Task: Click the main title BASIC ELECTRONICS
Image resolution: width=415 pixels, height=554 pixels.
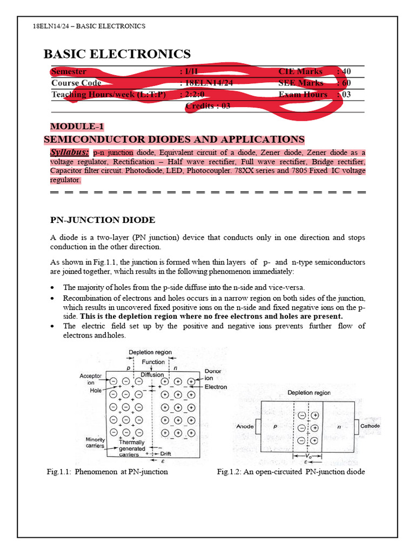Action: click(117, 54)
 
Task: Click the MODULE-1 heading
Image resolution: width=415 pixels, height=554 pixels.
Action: click(76, 127)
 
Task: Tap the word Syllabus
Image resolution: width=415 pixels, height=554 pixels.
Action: click(69, 153)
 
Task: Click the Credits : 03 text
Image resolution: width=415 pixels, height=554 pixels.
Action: click(207, 106)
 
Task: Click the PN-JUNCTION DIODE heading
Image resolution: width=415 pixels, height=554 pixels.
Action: click(103, 220)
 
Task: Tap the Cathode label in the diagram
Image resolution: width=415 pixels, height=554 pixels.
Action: click(370, 426)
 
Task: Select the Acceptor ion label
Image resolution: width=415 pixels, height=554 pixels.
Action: click(90, 379)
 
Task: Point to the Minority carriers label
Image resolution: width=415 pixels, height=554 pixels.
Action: click(95, 443)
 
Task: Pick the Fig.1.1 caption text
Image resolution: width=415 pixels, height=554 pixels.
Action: click(108, 472)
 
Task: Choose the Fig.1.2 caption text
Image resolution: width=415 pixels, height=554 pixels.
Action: click(291, 472)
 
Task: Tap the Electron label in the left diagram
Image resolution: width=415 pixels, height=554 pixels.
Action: click(216, 387)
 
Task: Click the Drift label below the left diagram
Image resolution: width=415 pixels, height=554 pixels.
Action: click(165, 454)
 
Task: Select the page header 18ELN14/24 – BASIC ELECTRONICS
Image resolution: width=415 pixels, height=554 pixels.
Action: click(89, 27)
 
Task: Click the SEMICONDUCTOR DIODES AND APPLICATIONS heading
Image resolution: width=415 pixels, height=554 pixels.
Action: click(174, 140)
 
